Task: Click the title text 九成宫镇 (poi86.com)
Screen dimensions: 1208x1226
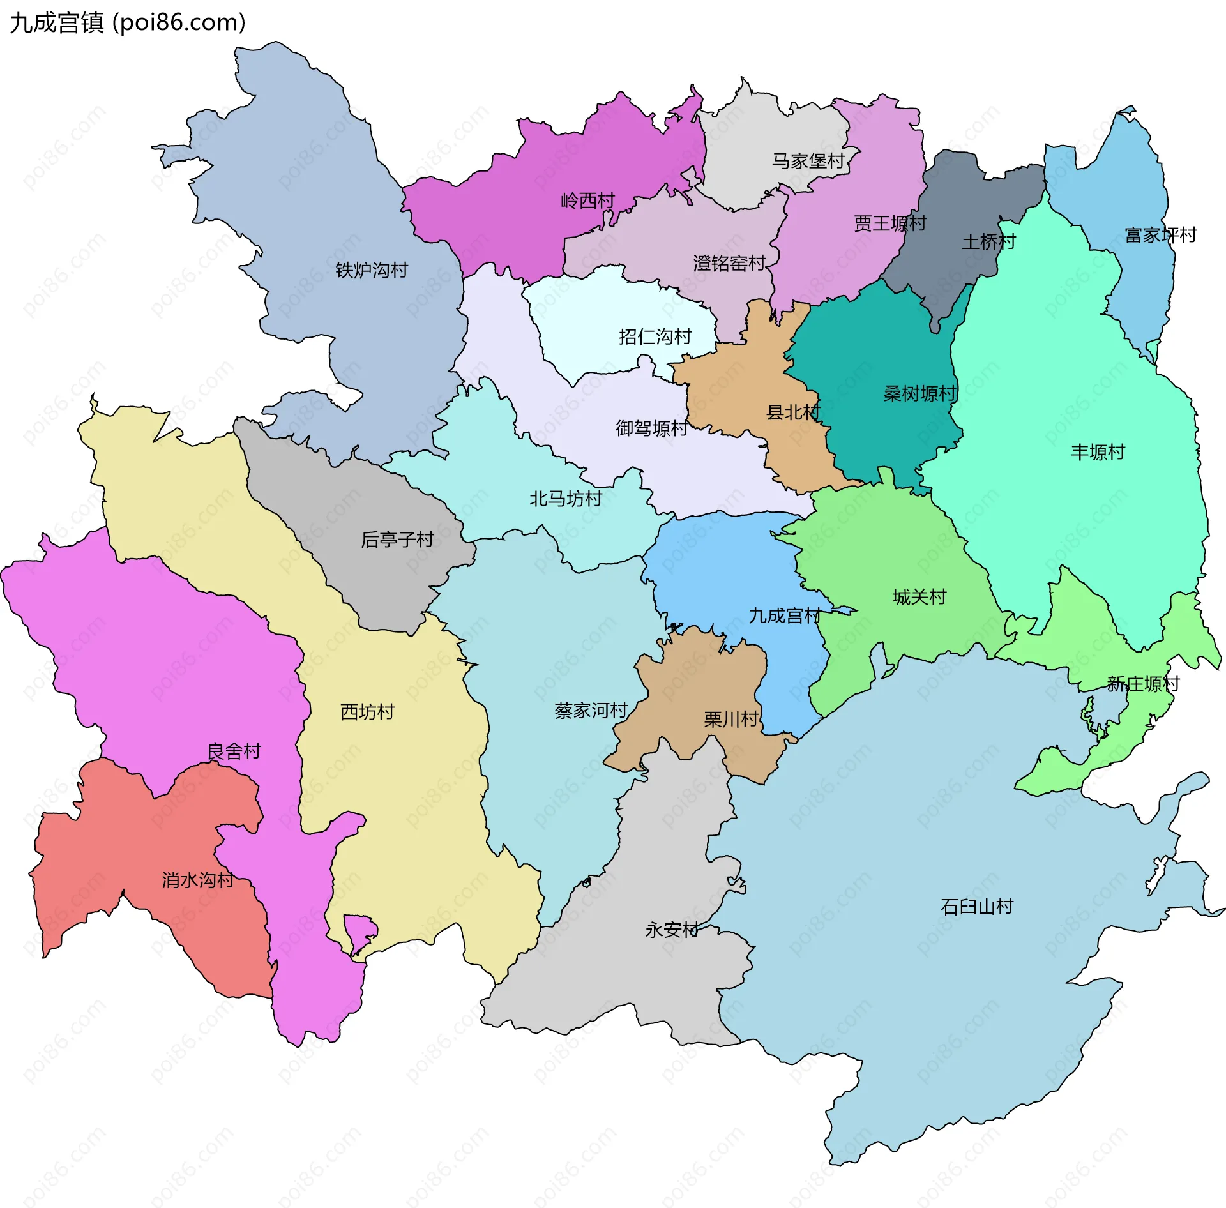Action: pos(128,23)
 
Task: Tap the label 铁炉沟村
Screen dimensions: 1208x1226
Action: pos(372,270)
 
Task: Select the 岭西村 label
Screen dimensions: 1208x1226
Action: pos(587,200)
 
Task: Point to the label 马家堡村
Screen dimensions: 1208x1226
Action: pos(808,161)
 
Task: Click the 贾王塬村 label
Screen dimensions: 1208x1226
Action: pos(889,223)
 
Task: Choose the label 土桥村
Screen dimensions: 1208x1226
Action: pos(988,242)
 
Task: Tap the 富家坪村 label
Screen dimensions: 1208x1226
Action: pos(1160,235)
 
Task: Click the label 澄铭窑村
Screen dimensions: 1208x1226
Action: pos(729,263)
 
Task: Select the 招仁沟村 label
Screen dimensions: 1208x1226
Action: pos(655,336)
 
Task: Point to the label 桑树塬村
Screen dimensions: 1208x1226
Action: pos(919,394)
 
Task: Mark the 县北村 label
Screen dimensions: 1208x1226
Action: pos(792,412)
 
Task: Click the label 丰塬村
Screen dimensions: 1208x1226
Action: pos(1097,452)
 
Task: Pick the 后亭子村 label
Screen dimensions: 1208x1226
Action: pos(397,540)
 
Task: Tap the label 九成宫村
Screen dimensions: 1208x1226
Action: pos(784,615)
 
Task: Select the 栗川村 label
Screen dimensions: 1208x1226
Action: pos(730,720)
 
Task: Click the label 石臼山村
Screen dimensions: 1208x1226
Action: pos(976,907)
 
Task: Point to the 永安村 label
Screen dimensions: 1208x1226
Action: pos(672,930)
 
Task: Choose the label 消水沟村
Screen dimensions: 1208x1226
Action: pos(197,880)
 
